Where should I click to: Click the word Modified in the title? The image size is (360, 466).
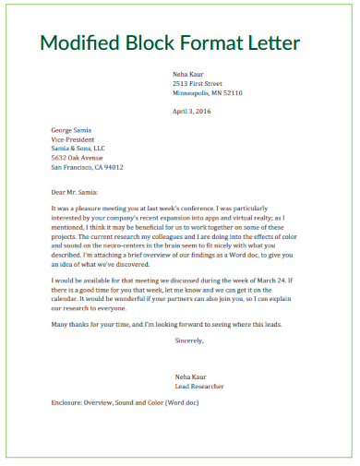[81, 43]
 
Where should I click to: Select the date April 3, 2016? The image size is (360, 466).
[192, 111]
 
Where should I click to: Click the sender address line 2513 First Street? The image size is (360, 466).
[198, 83]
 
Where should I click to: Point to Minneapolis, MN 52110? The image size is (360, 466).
[207, 93]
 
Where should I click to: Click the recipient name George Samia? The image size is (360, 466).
[71, 130]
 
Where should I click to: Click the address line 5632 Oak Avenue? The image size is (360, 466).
[78, 158]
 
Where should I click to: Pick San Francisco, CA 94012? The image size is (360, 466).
[87, 167]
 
